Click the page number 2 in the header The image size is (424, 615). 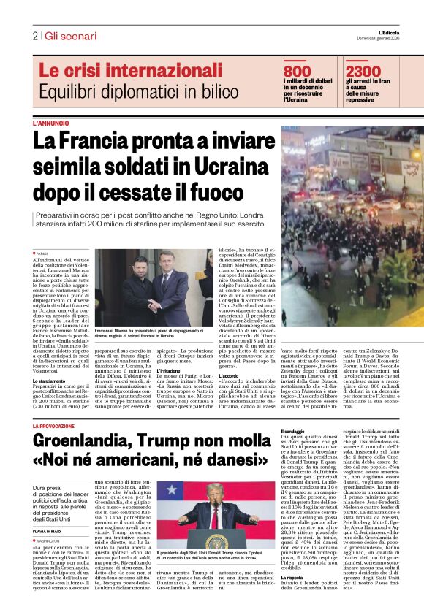(34, 36)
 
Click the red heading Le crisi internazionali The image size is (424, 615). (120, 71)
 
